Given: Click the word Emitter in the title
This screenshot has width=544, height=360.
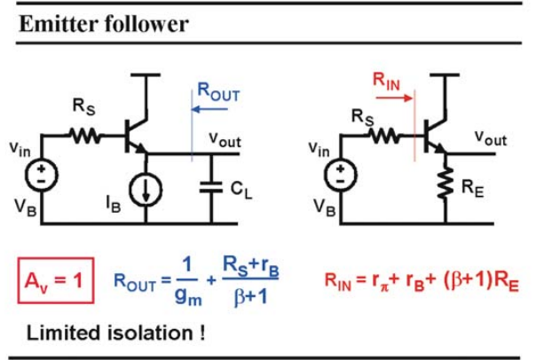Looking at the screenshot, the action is coord(59,24).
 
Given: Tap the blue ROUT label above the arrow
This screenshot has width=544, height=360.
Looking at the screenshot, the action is coord(218,92).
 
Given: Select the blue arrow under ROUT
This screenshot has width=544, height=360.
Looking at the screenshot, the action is coord(209,109).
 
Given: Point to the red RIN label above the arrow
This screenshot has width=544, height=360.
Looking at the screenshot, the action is coord(386,81).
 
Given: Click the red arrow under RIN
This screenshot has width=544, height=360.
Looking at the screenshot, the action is coord(395,98).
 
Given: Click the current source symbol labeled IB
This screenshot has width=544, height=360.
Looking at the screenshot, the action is coord(146,190).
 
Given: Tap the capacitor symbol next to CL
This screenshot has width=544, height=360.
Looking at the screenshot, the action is coord(211,187).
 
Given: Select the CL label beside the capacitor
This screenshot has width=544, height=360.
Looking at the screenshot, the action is coord(241,191).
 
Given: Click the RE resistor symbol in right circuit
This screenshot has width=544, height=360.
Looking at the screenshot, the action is coord(445,183).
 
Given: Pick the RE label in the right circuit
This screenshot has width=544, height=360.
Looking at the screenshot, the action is coord(472,189).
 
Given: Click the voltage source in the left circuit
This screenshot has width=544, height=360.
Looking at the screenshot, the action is coord(42,175).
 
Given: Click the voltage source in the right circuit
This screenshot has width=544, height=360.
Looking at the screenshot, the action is coord(341,175).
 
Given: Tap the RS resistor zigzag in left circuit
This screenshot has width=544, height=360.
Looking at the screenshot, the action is coord(85,136).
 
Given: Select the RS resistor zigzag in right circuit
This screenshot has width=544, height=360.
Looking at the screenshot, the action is coord(385,136).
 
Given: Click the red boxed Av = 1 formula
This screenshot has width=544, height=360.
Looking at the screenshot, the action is coord(56,280).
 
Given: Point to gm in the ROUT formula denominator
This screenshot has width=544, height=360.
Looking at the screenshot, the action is coord(188,296).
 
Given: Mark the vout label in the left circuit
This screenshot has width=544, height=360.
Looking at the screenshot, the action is coord(225,139).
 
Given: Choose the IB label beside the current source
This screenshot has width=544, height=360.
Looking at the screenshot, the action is coord(114,204).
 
